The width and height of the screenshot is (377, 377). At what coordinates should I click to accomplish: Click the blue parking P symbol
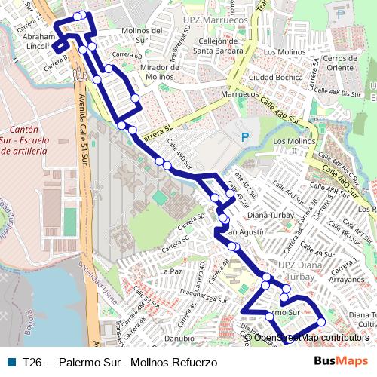pos(244,137)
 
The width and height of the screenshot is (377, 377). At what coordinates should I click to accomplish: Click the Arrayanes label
pos(347,278)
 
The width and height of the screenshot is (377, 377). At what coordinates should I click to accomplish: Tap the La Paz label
pos(171,270)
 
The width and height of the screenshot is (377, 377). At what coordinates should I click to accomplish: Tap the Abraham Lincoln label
pos(40,41)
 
